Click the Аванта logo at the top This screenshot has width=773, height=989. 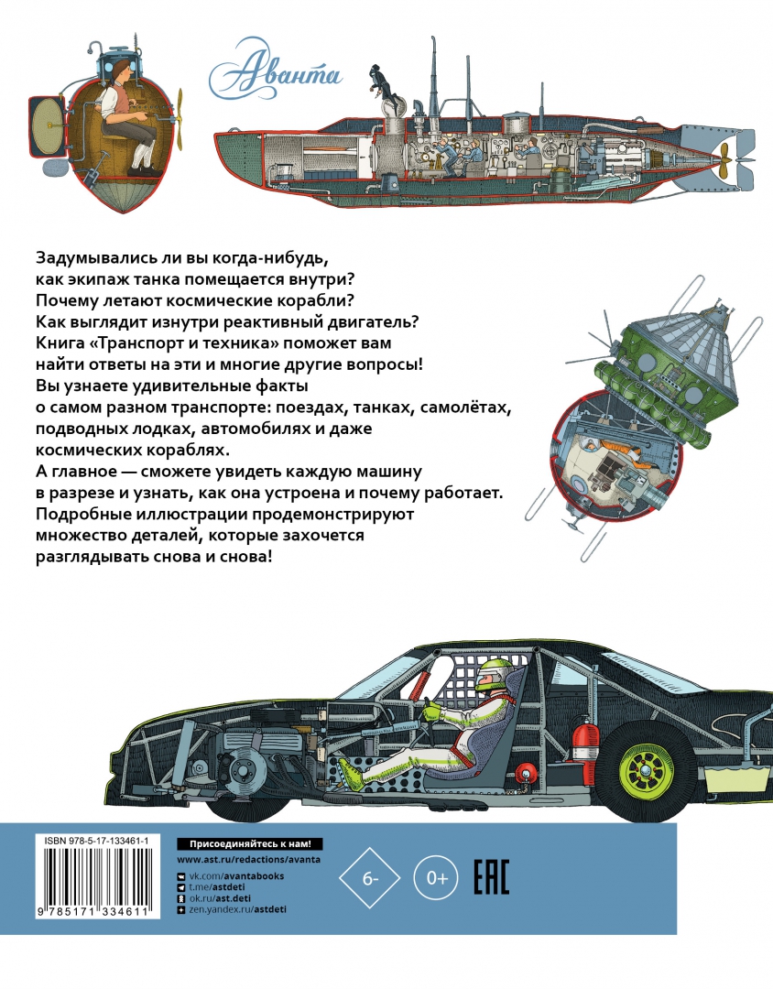(x=274, y=65)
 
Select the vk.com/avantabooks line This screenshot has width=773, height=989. (x=236, y=875)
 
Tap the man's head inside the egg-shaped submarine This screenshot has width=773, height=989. (x=119, y=75)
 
